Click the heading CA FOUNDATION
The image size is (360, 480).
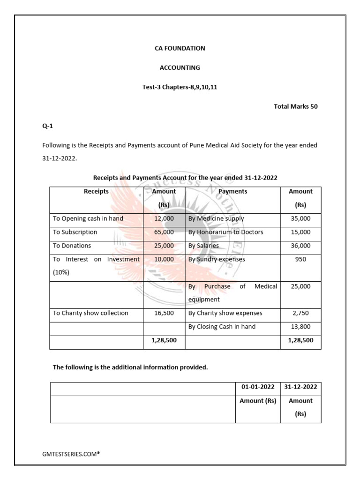point(180,48)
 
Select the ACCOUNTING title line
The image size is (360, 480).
point(180,67)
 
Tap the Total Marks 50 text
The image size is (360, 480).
point(295,106)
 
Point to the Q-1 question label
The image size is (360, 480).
point(48,126)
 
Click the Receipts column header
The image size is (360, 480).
point(96,191)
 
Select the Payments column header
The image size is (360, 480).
point(232,191)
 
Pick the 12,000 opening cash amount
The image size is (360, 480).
point(164,219)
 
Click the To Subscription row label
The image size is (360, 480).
point(75,232)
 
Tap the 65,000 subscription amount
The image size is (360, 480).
point(164,232)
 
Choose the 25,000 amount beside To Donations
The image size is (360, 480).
point(164,246)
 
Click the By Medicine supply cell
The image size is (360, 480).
point(216,219)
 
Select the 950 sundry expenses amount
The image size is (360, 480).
point(300,259)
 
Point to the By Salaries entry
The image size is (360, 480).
point(203,246)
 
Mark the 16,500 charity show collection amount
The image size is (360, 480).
point(164,313)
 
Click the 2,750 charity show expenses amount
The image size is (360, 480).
point(300,313)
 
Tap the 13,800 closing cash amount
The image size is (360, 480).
point(300,327)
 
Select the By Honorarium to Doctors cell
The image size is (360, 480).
point(225,232)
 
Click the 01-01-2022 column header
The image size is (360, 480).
point(258,387)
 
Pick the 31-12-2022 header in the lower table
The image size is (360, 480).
point(300,387)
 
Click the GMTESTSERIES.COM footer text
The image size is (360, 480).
point(71,454)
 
